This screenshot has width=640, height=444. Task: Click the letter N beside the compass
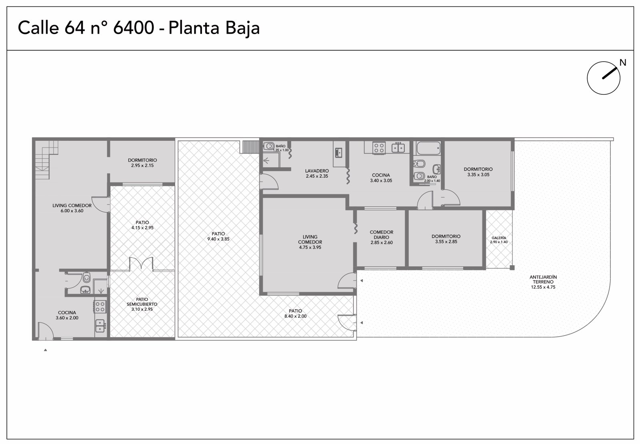(623, 62)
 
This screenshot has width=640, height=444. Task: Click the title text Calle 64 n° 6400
(86, 28)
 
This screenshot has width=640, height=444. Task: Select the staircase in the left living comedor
(46, 160)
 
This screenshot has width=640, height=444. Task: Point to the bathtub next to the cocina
(428, 148)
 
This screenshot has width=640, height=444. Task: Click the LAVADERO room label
(317, 171)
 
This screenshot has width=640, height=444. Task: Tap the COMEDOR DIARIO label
(382, 234)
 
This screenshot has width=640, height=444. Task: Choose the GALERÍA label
(499, 238)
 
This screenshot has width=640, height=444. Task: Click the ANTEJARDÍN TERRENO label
(543, 279)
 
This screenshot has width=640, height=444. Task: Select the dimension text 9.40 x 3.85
(218, 239)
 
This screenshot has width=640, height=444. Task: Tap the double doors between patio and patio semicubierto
(141, 263)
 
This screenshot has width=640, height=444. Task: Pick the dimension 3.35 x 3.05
(478, 174)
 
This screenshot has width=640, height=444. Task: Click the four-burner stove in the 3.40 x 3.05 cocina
(379, 148)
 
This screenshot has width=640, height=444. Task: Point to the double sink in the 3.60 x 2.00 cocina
(100, 326)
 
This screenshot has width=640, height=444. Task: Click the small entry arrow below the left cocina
(46, 350)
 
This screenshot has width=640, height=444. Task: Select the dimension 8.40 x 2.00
(296, 316)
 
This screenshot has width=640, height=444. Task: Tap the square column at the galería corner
(512, 268)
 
